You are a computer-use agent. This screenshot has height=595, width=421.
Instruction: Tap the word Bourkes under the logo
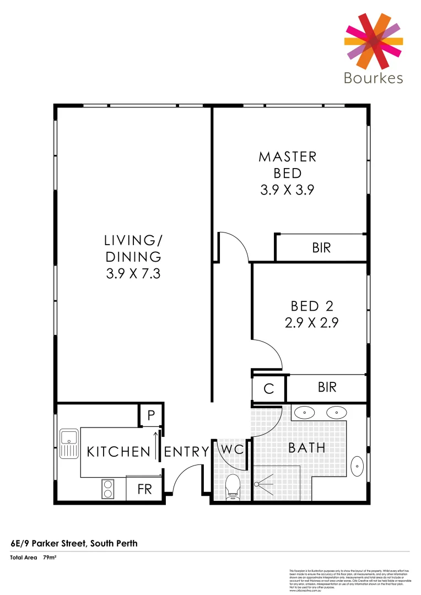(373, 78)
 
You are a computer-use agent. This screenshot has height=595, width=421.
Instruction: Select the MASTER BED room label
(288, 165)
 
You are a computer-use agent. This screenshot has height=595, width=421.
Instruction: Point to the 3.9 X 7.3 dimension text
(133, 273)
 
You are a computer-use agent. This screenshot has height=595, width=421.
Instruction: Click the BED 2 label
(312, 306)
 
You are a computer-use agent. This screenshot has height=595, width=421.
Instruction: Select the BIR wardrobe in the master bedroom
(321, 248)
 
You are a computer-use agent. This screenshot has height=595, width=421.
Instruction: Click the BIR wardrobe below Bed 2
(327, 388)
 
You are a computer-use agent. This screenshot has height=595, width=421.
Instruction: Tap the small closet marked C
(268, 389)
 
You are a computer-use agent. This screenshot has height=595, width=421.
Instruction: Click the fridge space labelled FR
(144, 489)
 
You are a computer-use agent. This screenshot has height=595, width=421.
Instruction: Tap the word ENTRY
(187, 452)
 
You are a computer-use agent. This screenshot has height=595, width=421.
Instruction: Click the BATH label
(307, 448)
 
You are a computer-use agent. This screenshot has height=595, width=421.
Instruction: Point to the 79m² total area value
(51, 558)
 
